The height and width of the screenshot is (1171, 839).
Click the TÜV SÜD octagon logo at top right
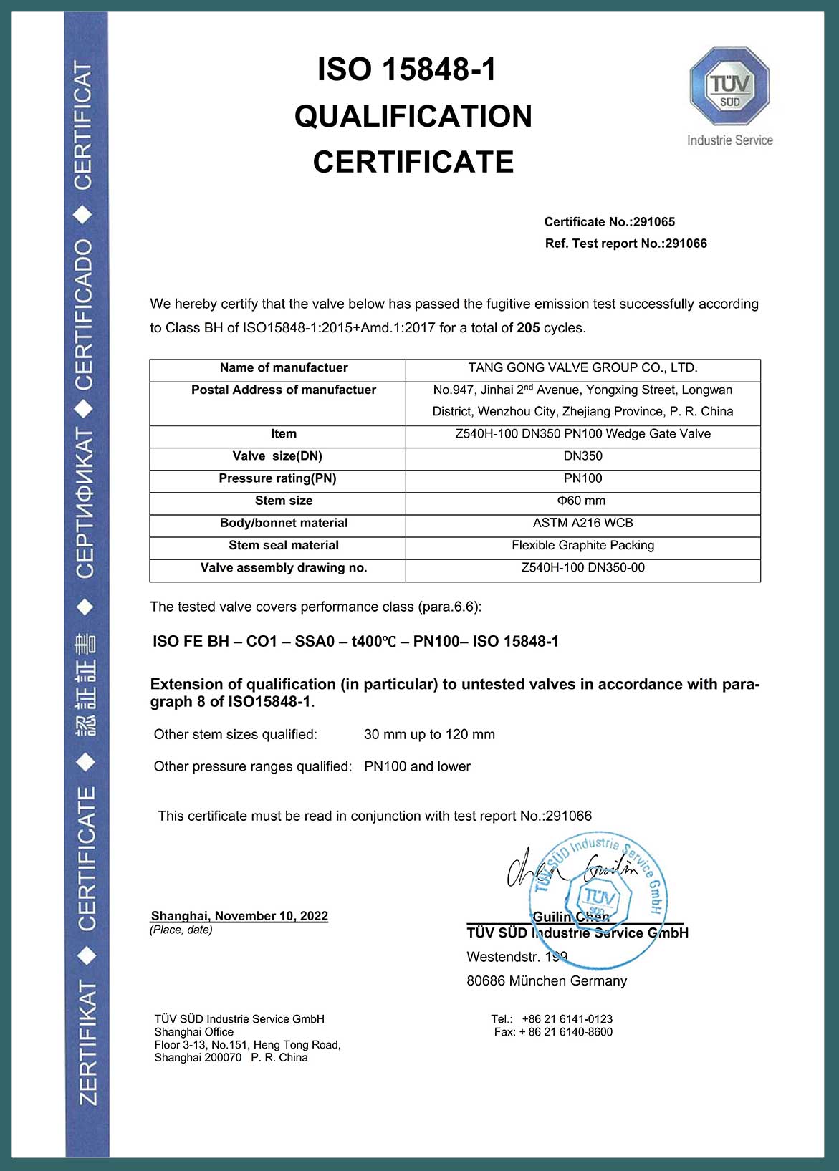(729, 86)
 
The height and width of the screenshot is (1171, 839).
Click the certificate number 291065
(653, 222)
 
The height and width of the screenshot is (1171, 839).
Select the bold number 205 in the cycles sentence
(528, 328)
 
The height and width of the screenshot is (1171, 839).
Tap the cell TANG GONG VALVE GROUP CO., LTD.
(582, 368)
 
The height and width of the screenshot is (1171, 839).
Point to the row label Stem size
(284, 501)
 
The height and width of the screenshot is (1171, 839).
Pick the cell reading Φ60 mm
(582, 501)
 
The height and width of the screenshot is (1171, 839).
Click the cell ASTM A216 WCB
(582, 523)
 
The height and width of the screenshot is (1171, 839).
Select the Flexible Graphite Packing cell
(582, 545)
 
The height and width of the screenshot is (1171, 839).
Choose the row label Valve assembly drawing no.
(284, 568)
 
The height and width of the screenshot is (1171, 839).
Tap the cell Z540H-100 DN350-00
(582, 568)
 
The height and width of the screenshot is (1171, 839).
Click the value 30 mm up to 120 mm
(429, 735)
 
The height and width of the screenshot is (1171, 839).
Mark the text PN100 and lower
(417, 767)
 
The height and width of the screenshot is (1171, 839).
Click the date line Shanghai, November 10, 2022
(239, 916)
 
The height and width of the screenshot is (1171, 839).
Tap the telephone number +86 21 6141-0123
(567, 1019)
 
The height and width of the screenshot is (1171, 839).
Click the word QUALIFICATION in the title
(413, 117)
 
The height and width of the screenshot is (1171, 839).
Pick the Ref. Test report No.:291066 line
(625, 244)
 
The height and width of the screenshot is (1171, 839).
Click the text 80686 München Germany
(547, 981)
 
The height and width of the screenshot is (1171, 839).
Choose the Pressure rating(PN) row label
(277, 478)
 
